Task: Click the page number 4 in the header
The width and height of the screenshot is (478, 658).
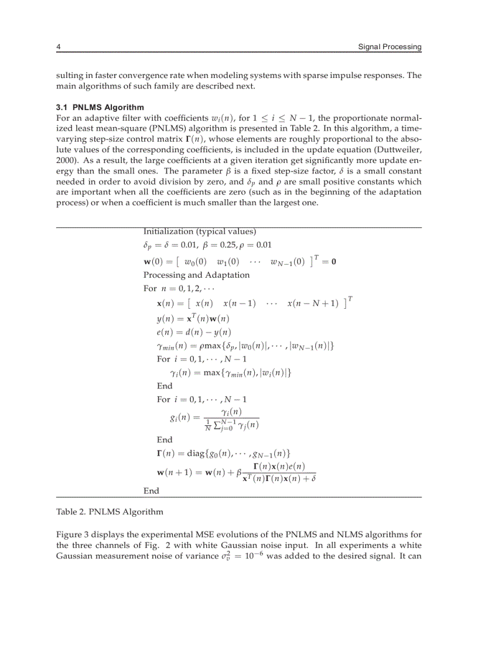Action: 58,47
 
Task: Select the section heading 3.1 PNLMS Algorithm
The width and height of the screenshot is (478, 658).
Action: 100,107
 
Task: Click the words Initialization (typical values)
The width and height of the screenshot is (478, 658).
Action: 199,231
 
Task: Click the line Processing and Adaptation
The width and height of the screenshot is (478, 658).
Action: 196,275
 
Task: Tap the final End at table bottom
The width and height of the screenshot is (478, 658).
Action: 151,490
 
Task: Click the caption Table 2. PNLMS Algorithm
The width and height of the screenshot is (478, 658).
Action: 110,512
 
